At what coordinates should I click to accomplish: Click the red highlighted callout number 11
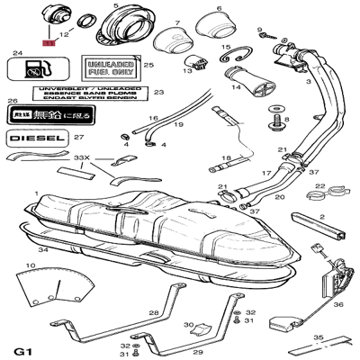[x=48, y=41]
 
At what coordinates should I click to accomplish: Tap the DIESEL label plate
[x=37, y=139]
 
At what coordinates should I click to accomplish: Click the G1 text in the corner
[x=24, y=349]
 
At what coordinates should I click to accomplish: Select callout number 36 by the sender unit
[x=337, y=304]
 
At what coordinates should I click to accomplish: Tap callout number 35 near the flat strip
[x=317, y=337]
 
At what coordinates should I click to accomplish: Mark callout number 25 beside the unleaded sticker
[x=148, y=65]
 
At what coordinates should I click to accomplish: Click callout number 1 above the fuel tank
[x=35, y=193]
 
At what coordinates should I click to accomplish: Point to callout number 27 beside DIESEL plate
[x=78, y=138]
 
